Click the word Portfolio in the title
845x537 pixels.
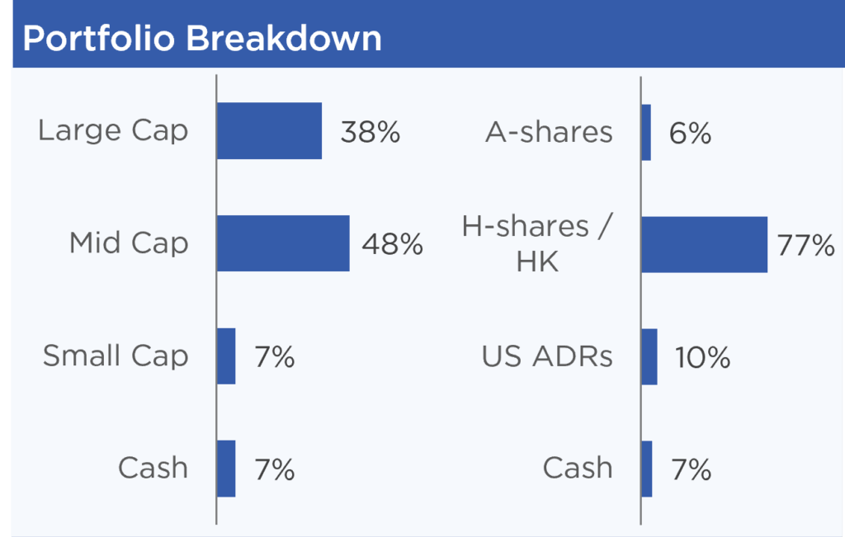[99, 39]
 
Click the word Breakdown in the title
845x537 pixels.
[284, 39]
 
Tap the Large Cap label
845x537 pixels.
[113, 131]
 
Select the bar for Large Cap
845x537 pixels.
[270, 131]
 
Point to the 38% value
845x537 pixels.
[371, 133]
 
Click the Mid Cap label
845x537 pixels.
[129, 243]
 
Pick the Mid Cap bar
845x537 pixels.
[284, 243]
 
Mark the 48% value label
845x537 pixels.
[392, 244]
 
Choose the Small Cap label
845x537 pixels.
[116, 356]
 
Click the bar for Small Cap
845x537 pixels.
[226, 356]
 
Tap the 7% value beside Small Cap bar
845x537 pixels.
[275, 357]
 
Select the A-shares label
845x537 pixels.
[549, 133]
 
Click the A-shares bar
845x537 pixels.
[646, 133]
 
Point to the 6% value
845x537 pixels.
[691, 134]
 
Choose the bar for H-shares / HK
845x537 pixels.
[705, 244]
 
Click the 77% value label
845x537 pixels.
[806, 246]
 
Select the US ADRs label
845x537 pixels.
[548, 356]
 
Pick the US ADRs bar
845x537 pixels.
[649, 356]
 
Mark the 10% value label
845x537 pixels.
[703, 358]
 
